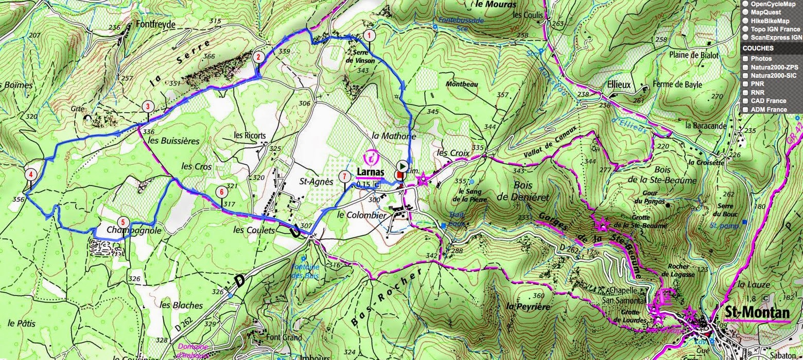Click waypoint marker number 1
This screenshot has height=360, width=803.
pyautogui.click(x=369, y=36)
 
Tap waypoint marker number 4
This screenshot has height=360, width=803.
pyautogui.click(x=31, y=174)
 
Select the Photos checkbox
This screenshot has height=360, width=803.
pyautogui.click(x=745, y=59)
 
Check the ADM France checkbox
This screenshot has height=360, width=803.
pyautogui.click(x=745, y=109)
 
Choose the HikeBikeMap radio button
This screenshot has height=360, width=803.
pyautogui.click(x=745, y=21)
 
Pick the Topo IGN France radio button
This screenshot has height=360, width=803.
pyautogui.click(x=745, y=29)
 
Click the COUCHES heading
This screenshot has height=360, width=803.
pyautogui.click(x=757, y=48)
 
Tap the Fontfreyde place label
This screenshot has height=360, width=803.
pyautogui.click(x=156, y=24)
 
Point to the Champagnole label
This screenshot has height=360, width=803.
pyautogui.click(x=134, y=231)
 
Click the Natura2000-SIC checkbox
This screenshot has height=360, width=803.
pyautogui.click(x=745, y=75)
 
